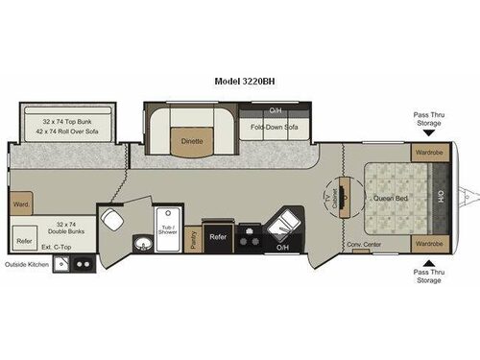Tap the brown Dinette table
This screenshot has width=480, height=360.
[x=192, y=142]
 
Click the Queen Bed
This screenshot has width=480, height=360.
[x=392, y=199]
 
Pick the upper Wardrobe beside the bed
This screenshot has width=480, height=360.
[x=426, y=152]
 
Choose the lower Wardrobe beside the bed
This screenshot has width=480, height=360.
[x=426, y=244]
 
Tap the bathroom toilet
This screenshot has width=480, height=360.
[x=113, y=219]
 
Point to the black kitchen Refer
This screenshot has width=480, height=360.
[x=218, y=236]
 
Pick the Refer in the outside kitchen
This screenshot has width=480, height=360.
[x=25, y=242]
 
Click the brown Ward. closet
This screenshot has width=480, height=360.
[x=22, y=204]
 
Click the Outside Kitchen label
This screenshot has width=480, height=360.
[x=26, y=265]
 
